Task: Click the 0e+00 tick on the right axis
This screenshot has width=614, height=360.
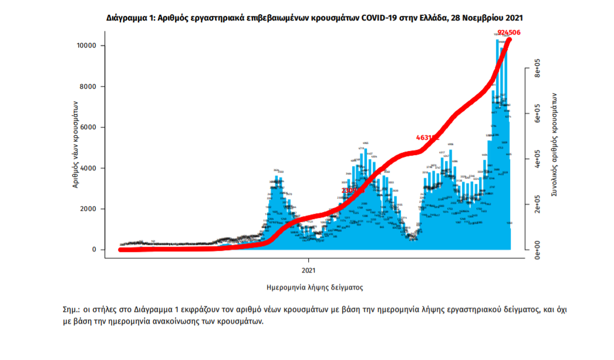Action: (537, 250)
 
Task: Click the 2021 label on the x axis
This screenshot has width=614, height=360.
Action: (309, 271)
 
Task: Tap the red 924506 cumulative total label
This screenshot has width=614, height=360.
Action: (509, 32)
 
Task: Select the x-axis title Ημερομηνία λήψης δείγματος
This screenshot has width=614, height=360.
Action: (315, 288)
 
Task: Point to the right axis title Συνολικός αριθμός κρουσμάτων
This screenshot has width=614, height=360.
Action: (554, 144)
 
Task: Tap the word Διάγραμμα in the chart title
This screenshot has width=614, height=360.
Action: (127, 18)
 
